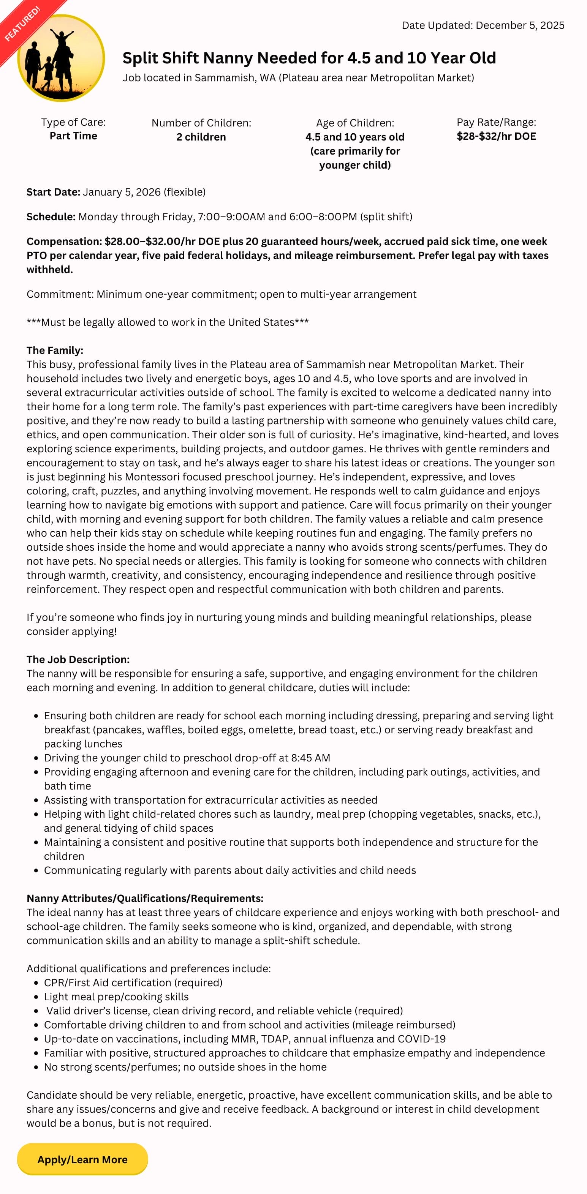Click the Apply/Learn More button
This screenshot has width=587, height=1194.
(82, 1159)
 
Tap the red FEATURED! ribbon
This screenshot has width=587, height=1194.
(23, 23)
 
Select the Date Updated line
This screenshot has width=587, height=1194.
(483, 25)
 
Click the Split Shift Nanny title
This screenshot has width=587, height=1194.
(309, 58)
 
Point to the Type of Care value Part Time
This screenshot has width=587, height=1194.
(73, 136)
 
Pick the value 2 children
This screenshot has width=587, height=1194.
(201, 137)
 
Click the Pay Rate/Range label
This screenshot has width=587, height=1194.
(496, 122)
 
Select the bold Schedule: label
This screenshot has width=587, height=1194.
(51, 217)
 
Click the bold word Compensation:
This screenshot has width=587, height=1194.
(64, 242)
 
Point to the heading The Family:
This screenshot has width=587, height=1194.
(55, 351)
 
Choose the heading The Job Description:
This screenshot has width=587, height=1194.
(78, 660)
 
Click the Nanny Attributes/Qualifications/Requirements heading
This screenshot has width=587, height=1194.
(145, 898)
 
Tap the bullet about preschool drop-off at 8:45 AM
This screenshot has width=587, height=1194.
(187, 758)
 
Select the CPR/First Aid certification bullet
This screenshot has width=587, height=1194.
(133, 982)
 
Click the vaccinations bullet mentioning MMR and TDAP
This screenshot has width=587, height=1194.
(244, 1039)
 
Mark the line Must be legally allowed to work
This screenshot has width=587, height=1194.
(168, 322)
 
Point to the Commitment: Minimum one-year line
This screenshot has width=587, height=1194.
(221, 294)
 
